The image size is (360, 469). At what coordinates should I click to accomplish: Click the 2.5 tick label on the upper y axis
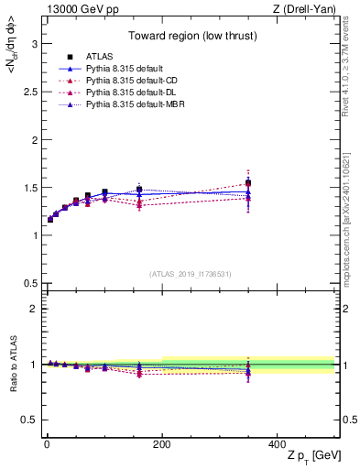point(28,92)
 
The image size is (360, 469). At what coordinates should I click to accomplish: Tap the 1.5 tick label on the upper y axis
point(28,188)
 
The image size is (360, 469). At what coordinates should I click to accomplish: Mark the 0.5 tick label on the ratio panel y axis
point(28,420)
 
